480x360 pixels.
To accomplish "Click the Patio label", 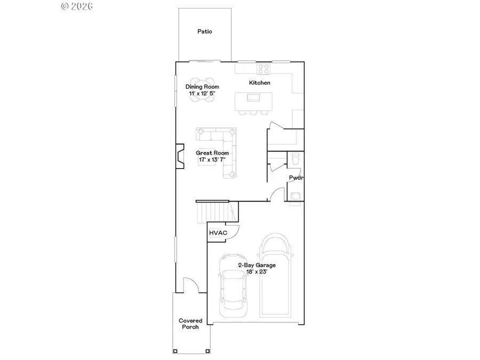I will (204, 31).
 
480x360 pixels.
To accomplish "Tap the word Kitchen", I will (260, 83).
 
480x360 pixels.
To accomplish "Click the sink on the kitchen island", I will (254, 98).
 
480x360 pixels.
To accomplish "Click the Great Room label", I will (212, 153).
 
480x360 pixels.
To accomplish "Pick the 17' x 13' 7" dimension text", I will (212, 159).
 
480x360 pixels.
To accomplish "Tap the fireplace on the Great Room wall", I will (180, 156).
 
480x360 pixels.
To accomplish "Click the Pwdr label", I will (296, 178).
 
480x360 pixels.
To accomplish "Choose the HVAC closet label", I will (218, 233).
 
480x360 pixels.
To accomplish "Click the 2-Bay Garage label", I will (257, 265).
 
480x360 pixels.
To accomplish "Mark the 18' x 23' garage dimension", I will (257, 271).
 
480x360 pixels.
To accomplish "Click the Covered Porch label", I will (190, 324).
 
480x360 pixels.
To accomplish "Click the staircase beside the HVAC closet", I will (216, 212).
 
